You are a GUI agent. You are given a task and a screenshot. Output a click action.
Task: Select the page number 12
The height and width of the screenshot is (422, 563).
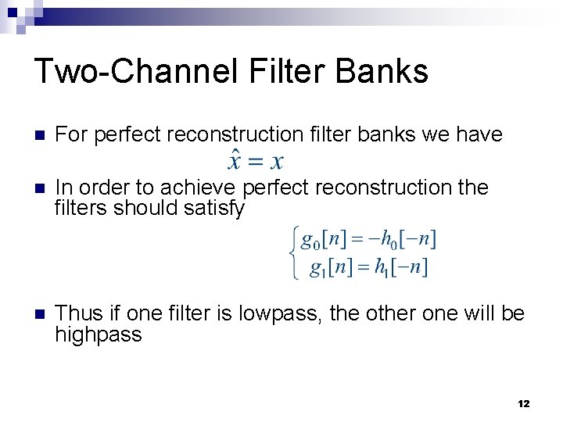click(523, 403)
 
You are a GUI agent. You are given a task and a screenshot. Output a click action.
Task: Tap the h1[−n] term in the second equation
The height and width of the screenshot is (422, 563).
click(401, 268)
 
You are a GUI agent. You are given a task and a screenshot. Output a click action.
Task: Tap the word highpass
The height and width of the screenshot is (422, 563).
click(99, 335)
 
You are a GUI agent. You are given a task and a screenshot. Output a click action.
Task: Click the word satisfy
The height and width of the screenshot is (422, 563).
click(213, 209)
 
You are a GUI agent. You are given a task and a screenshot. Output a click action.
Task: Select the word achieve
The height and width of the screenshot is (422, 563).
click(200, 188)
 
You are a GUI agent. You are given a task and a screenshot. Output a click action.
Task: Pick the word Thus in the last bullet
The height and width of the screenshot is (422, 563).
click(78, 313)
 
